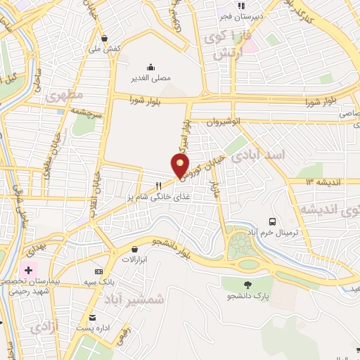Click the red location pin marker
(x=181, y=165)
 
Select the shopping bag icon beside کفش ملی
(x=105, y=38)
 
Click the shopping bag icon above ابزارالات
(x=134, y=248)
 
